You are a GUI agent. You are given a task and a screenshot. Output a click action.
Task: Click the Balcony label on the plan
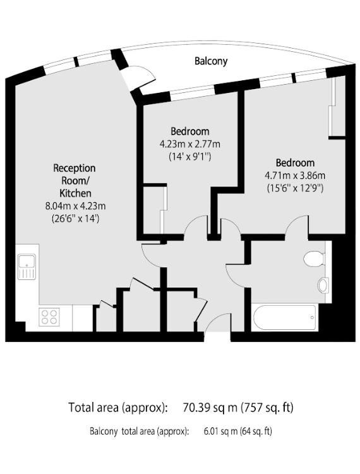click(x=211, y=61)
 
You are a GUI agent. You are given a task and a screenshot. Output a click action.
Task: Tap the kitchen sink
click(x=27, y=267)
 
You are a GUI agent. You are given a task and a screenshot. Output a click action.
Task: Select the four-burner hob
click(x=49, y=317)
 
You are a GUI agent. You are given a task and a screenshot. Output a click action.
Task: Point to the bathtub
click(x=284, y=317)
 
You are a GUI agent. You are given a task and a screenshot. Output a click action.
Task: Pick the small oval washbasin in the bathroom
click(x=323, y=285)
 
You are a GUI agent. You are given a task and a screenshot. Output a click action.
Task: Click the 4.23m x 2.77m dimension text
click(x=189, y=144)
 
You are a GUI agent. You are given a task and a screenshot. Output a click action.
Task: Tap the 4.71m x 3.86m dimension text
click(x=295, y=175)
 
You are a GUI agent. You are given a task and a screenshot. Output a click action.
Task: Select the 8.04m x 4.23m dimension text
click(x=75, y=206)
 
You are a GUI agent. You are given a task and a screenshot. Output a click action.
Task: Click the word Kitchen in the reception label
click(x=75, y=193)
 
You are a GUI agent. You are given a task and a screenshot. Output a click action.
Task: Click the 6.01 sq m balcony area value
click(x=221, y=431)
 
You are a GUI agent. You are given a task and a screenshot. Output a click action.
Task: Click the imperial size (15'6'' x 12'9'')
click(x=295, y=188)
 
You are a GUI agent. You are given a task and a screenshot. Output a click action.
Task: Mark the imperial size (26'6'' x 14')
click(x=75, y=219)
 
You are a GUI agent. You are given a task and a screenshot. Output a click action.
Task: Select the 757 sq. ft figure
click(x=267, y=408)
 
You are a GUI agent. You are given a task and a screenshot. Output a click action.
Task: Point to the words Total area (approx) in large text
click(x=117, y=408)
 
